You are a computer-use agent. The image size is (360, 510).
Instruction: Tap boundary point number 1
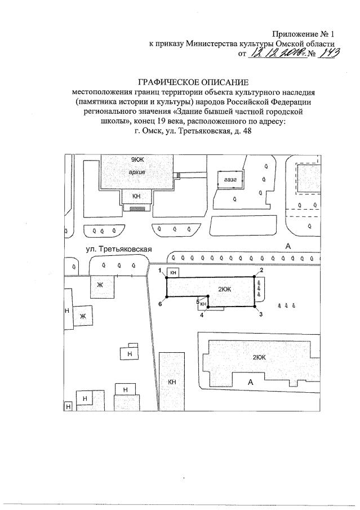(167, 276)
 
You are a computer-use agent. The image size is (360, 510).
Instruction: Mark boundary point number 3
(255, 307)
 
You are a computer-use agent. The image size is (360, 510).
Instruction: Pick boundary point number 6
(167, 298)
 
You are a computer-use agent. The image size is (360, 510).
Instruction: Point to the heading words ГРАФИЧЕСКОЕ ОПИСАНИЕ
(193, 82)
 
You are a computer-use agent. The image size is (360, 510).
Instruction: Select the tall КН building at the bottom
(172, 382)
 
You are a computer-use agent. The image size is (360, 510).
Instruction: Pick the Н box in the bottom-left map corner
(68, 406)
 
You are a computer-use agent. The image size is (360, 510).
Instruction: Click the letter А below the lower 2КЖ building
(250, 383)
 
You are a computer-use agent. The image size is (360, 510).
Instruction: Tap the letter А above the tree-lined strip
(288, 246)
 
